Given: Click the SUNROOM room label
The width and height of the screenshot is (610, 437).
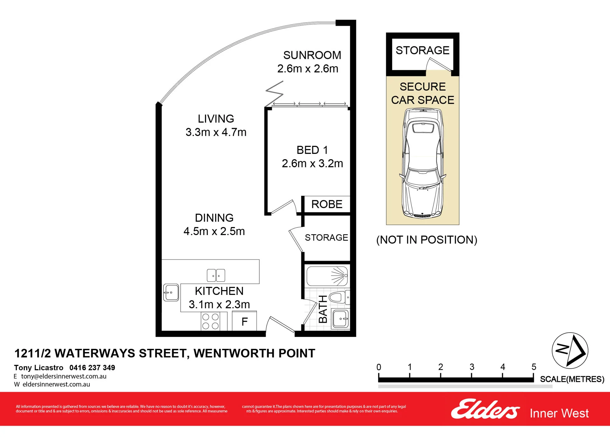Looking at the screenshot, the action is (x=312, y=55).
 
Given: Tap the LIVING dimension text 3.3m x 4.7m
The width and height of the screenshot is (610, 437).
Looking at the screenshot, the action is (x=216, y=132).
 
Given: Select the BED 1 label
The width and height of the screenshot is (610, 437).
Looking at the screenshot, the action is (x=312, y=150).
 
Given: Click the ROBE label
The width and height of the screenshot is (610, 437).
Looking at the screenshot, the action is (x=327, y=204).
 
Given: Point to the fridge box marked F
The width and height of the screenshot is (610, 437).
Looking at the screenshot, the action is (x=244, y=321).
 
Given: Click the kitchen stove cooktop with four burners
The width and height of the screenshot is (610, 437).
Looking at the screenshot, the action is (x=211, y=321).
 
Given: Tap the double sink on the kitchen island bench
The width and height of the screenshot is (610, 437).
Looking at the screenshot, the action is (x=216, y=275).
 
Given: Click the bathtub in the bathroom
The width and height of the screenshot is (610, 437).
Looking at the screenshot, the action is (x=327, y=276).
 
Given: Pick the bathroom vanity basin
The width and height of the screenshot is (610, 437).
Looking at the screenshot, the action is (x=340, y=318).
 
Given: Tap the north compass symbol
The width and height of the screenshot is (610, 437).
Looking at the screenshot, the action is (x=570, y=351).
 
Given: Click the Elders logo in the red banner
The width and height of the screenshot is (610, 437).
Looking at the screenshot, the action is (x=485, y=409).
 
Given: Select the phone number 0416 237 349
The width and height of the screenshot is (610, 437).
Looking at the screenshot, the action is (x=92, y=368).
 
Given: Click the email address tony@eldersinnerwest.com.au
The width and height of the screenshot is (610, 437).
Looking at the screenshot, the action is (x=64, y=376).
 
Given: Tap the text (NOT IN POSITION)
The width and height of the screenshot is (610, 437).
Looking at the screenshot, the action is (x=427, y=240).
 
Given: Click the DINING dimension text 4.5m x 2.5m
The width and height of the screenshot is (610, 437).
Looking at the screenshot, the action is (x=214, y=232).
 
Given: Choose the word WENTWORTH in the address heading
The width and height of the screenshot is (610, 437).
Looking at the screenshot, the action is (x=234, y=353).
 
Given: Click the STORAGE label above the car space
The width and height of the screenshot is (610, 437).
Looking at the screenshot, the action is (x=422, y=50).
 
